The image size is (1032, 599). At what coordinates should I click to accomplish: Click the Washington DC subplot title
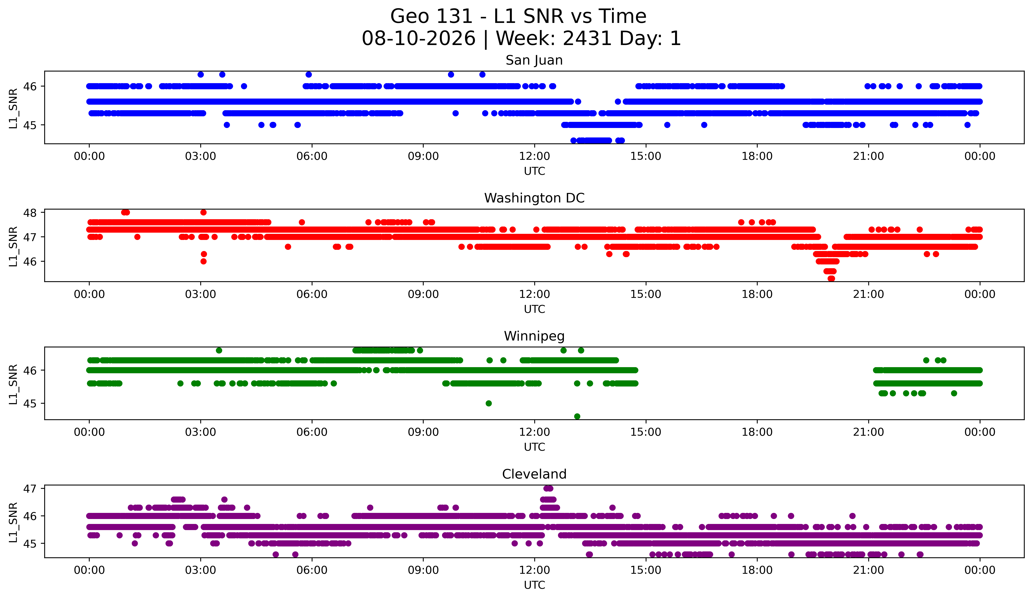coord(534,198)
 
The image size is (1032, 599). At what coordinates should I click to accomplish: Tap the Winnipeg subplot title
coord(534,336)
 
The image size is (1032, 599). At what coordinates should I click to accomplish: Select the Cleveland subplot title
coord(534,474)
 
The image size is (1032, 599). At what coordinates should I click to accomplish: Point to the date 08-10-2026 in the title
coord(419,39)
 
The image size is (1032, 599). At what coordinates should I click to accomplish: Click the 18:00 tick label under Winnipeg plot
coord(757,432)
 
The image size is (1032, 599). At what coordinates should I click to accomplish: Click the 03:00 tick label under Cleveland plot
coord(201,570)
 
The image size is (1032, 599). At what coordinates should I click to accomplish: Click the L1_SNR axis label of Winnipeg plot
coord(13,384)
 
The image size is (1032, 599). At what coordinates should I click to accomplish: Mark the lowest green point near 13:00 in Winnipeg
coord(577,416)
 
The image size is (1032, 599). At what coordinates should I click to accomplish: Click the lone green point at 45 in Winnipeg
coord(489,403)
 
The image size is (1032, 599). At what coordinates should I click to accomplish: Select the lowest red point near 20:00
coord(831,278)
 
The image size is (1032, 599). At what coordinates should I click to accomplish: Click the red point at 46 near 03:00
coord(203,261)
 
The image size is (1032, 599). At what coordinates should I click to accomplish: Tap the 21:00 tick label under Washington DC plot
coord(868,294)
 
